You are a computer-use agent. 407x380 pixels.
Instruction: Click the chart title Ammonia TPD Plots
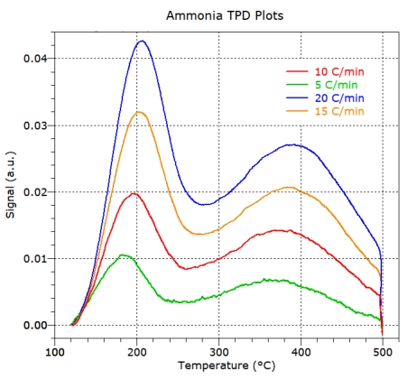pos(219,16)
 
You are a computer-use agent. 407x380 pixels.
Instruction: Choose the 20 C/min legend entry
pos(338,97)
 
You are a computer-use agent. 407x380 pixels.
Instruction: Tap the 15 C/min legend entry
pos(338,111)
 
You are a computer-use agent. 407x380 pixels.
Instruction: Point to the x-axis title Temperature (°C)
pos(219,366)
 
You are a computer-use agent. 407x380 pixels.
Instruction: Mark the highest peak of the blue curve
pos(142,41)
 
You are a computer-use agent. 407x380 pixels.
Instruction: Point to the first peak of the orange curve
pos(139,112)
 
